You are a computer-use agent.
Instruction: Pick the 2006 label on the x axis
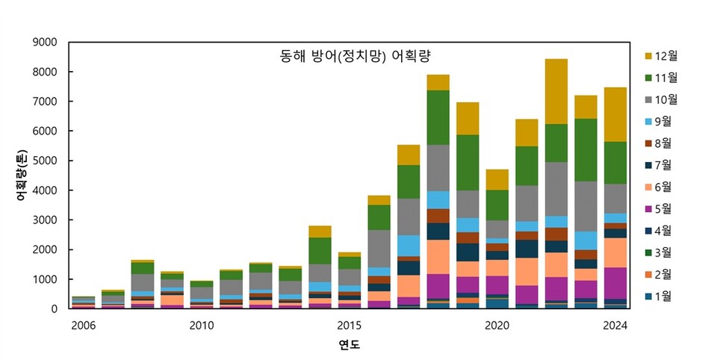(x=83, y=325)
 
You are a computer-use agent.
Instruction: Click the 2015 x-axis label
(x=349, y=325)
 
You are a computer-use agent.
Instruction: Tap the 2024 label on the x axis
(x=615, y=325)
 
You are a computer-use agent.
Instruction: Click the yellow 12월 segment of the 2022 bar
(x=556, y=91)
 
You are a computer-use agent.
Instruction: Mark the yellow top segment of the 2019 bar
(x=468, y=118)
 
